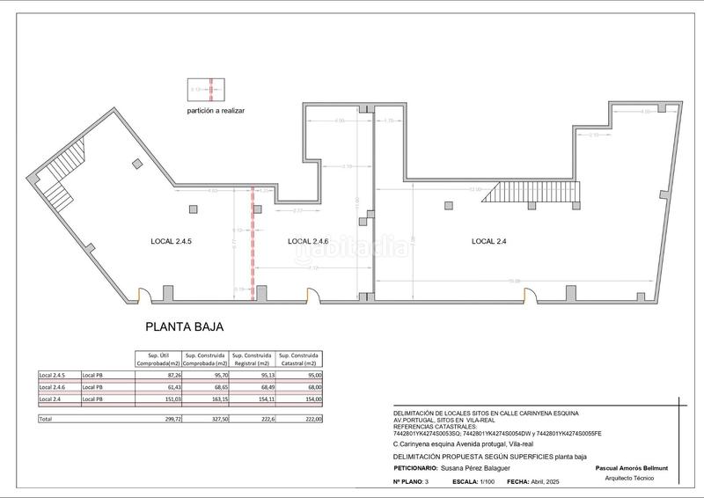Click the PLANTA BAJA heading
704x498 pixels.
click(184, 326)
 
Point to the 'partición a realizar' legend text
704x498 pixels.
click(216, 111)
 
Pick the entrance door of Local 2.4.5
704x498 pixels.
click(147, 297)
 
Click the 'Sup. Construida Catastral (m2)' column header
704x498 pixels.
click(300, 357)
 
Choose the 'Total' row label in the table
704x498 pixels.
click(46, 420)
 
